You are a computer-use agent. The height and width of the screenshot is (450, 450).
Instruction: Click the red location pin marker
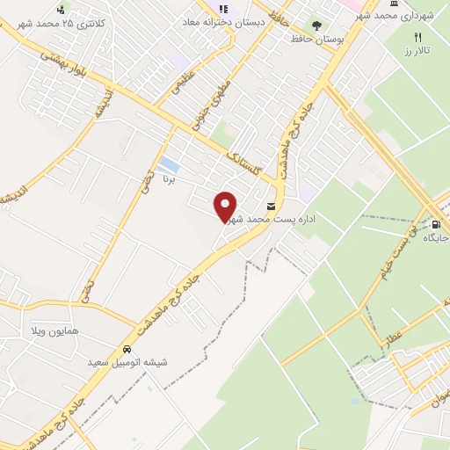point(226,206)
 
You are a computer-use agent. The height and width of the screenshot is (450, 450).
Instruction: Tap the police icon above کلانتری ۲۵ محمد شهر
point(60,10)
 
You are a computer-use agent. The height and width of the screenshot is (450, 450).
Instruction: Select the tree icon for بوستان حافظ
point(316,25)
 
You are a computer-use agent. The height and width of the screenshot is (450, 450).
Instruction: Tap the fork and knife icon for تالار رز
point(418,38)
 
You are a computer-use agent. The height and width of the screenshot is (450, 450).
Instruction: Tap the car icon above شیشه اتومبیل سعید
point(129,348)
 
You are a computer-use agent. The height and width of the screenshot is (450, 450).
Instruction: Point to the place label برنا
point(169,180)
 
